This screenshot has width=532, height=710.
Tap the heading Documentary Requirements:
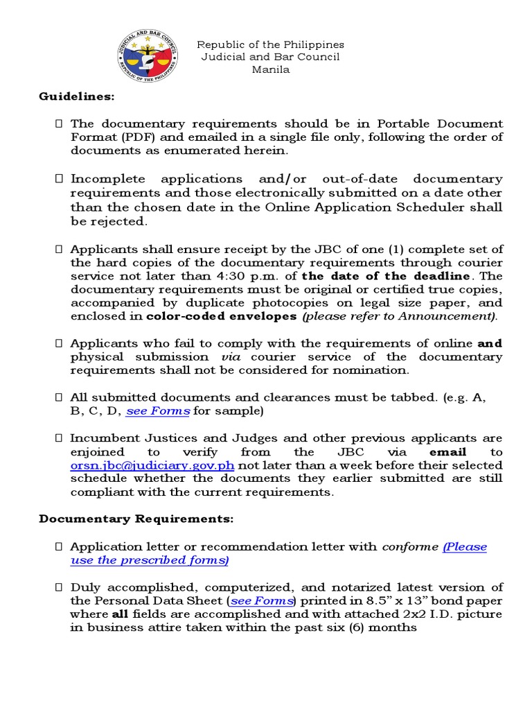136,519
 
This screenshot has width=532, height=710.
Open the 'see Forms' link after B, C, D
158,410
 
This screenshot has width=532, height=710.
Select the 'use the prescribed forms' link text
150,560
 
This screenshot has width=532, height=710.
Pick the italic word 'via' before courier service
231,356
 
